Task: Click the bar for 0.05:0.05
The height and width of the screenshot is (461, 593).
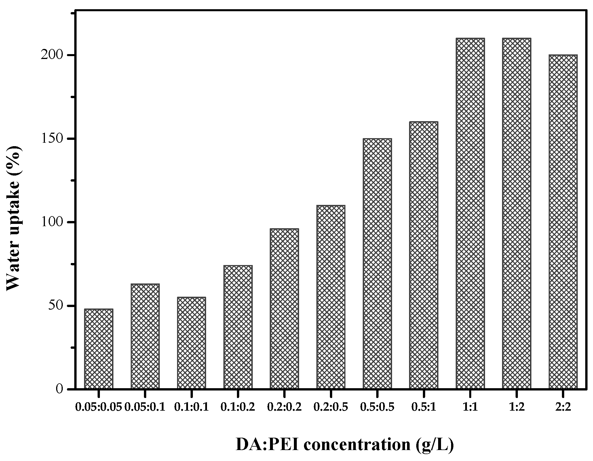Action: [x=99, y=349]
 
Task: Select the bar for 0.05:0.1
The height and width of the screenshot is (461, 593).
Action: [x=145, y=336]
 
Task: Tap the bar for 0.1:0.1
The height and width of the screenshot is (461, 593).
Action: [x=191, y=343]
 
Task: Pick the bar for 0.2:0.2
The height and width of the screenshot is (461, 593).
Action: [x=284, y=309]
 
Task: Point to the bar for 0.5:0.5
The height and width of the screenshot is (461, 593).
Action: [x=377, y=264]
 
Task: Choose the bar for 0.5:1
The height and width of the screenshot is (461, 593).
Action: [x=424, y=255]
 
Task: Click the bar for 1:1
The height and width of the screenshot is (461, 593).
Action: [x=470, y=214]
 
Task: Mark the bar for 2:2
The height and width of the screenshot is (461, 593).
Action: [x=563, y=222]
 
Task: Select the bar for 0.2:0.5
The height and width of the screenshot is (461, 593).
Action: [x=331, y=297]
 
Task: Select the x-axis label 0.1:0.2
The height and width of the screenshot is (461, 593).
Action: [x=238, y=407]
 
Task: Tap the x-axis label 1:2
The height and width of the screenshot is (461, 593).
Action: [x=517, y=407]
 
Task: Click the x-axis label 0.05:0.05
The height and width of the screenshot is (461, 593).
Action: [x=99, y=407]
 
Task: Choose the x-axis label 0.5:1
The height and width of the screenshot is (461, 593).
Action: [x=424, y=407]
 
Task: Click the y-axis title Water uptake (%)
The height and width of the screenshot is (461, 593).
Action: [x=14, y=218]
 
